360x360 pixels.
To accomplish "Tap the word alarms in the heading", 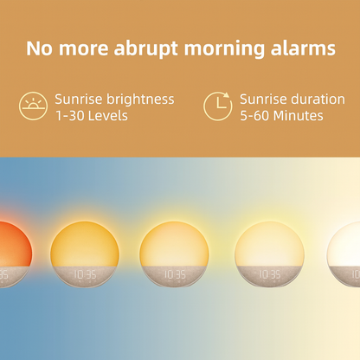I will point(302,48).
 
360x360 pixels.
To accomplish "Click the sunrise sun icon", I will point(33,106).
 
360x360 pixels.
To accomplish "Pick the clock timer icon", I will point(218,106).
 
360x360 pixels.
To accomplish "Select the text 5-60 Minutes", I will point(281,115).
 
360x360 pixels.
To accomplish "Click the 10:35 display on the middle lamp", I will point(175,275).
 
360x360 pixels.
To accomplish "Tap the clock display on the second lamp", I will point(85,275).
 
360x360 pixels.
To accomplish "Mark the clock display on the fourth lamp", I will point(269,275).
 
